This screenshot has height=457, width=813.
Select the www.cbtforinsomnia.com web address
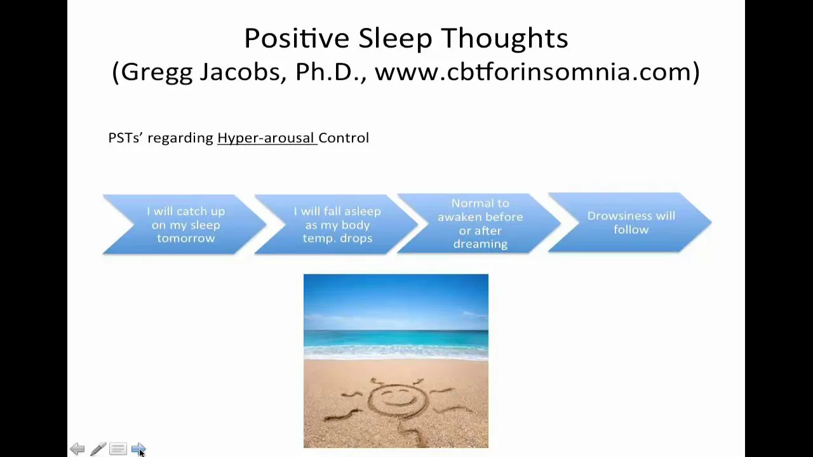pyautogui.click(x=537, y=72)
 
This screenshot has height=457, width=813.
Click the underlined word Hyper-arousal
pyautogui.click(x=266, y=138)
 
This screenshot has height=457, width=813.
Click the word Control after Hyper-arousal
pyautogui.click(x=344, y=138)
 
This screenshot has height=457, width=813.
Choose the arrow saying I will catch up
pyautogui.click(x=185, y=225)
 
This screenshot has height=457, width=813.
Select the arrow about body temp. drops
pyautogui.click(x=337, y=225)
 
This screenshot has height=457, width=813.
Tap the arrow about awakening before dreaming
pyautogui.click(x=480, y=223)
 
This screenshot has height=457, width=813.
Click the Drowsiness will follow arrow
pyautogui.click(x=631, y=223)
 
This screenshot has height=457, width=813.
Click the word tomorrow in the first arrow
pyautogui.click(x=185, y=239)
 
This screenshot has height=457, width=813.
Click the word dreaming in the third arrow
pyautogui.click(x=480, y=244)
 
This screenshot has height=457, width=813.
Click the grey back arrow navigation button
pyautogui.click(x=77, y=449)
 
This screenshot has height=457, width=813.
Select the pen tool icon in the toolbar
pyautogui.click(x=98, y=449)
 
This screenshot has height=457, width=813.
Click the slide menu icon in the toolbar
pyautogui.click(x=118, y=449)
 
